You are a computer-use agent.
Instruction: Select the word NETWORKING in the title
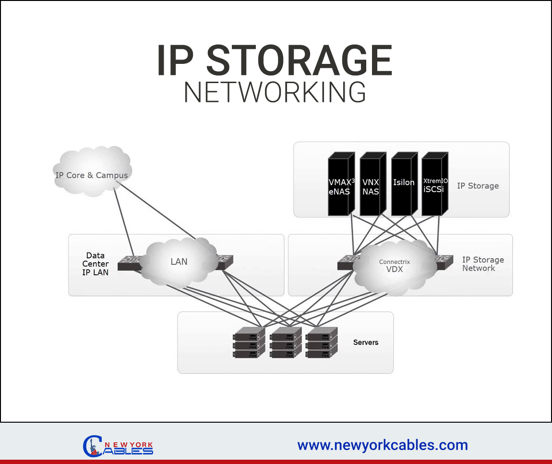[275, 93]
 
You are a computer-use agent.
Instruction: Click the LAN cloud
[179, 262]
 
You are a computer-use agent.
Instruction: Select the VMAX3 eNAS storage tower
[341, 184]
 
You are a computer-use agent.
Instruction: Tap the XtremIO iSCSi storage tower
[435, 184]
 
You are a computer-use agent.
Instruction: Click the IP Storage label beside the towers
[478, 186]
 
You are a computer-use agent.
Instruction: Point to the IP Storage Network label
[483, 264]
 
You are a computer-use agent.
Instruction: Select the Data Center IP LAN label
[96, 264]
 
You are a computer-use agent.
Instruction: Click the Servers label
[366, 342]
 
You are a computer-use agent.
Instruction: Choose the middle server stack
[285, 342]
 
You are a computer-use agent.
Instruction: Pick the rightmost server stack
[322, 342]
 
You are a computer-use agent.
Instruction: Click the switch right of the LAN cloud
[225, 261]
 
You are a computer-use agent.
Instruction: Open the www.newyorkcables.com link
[383, 445]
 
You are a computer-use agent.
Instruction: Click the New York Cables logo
[118, 446]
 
